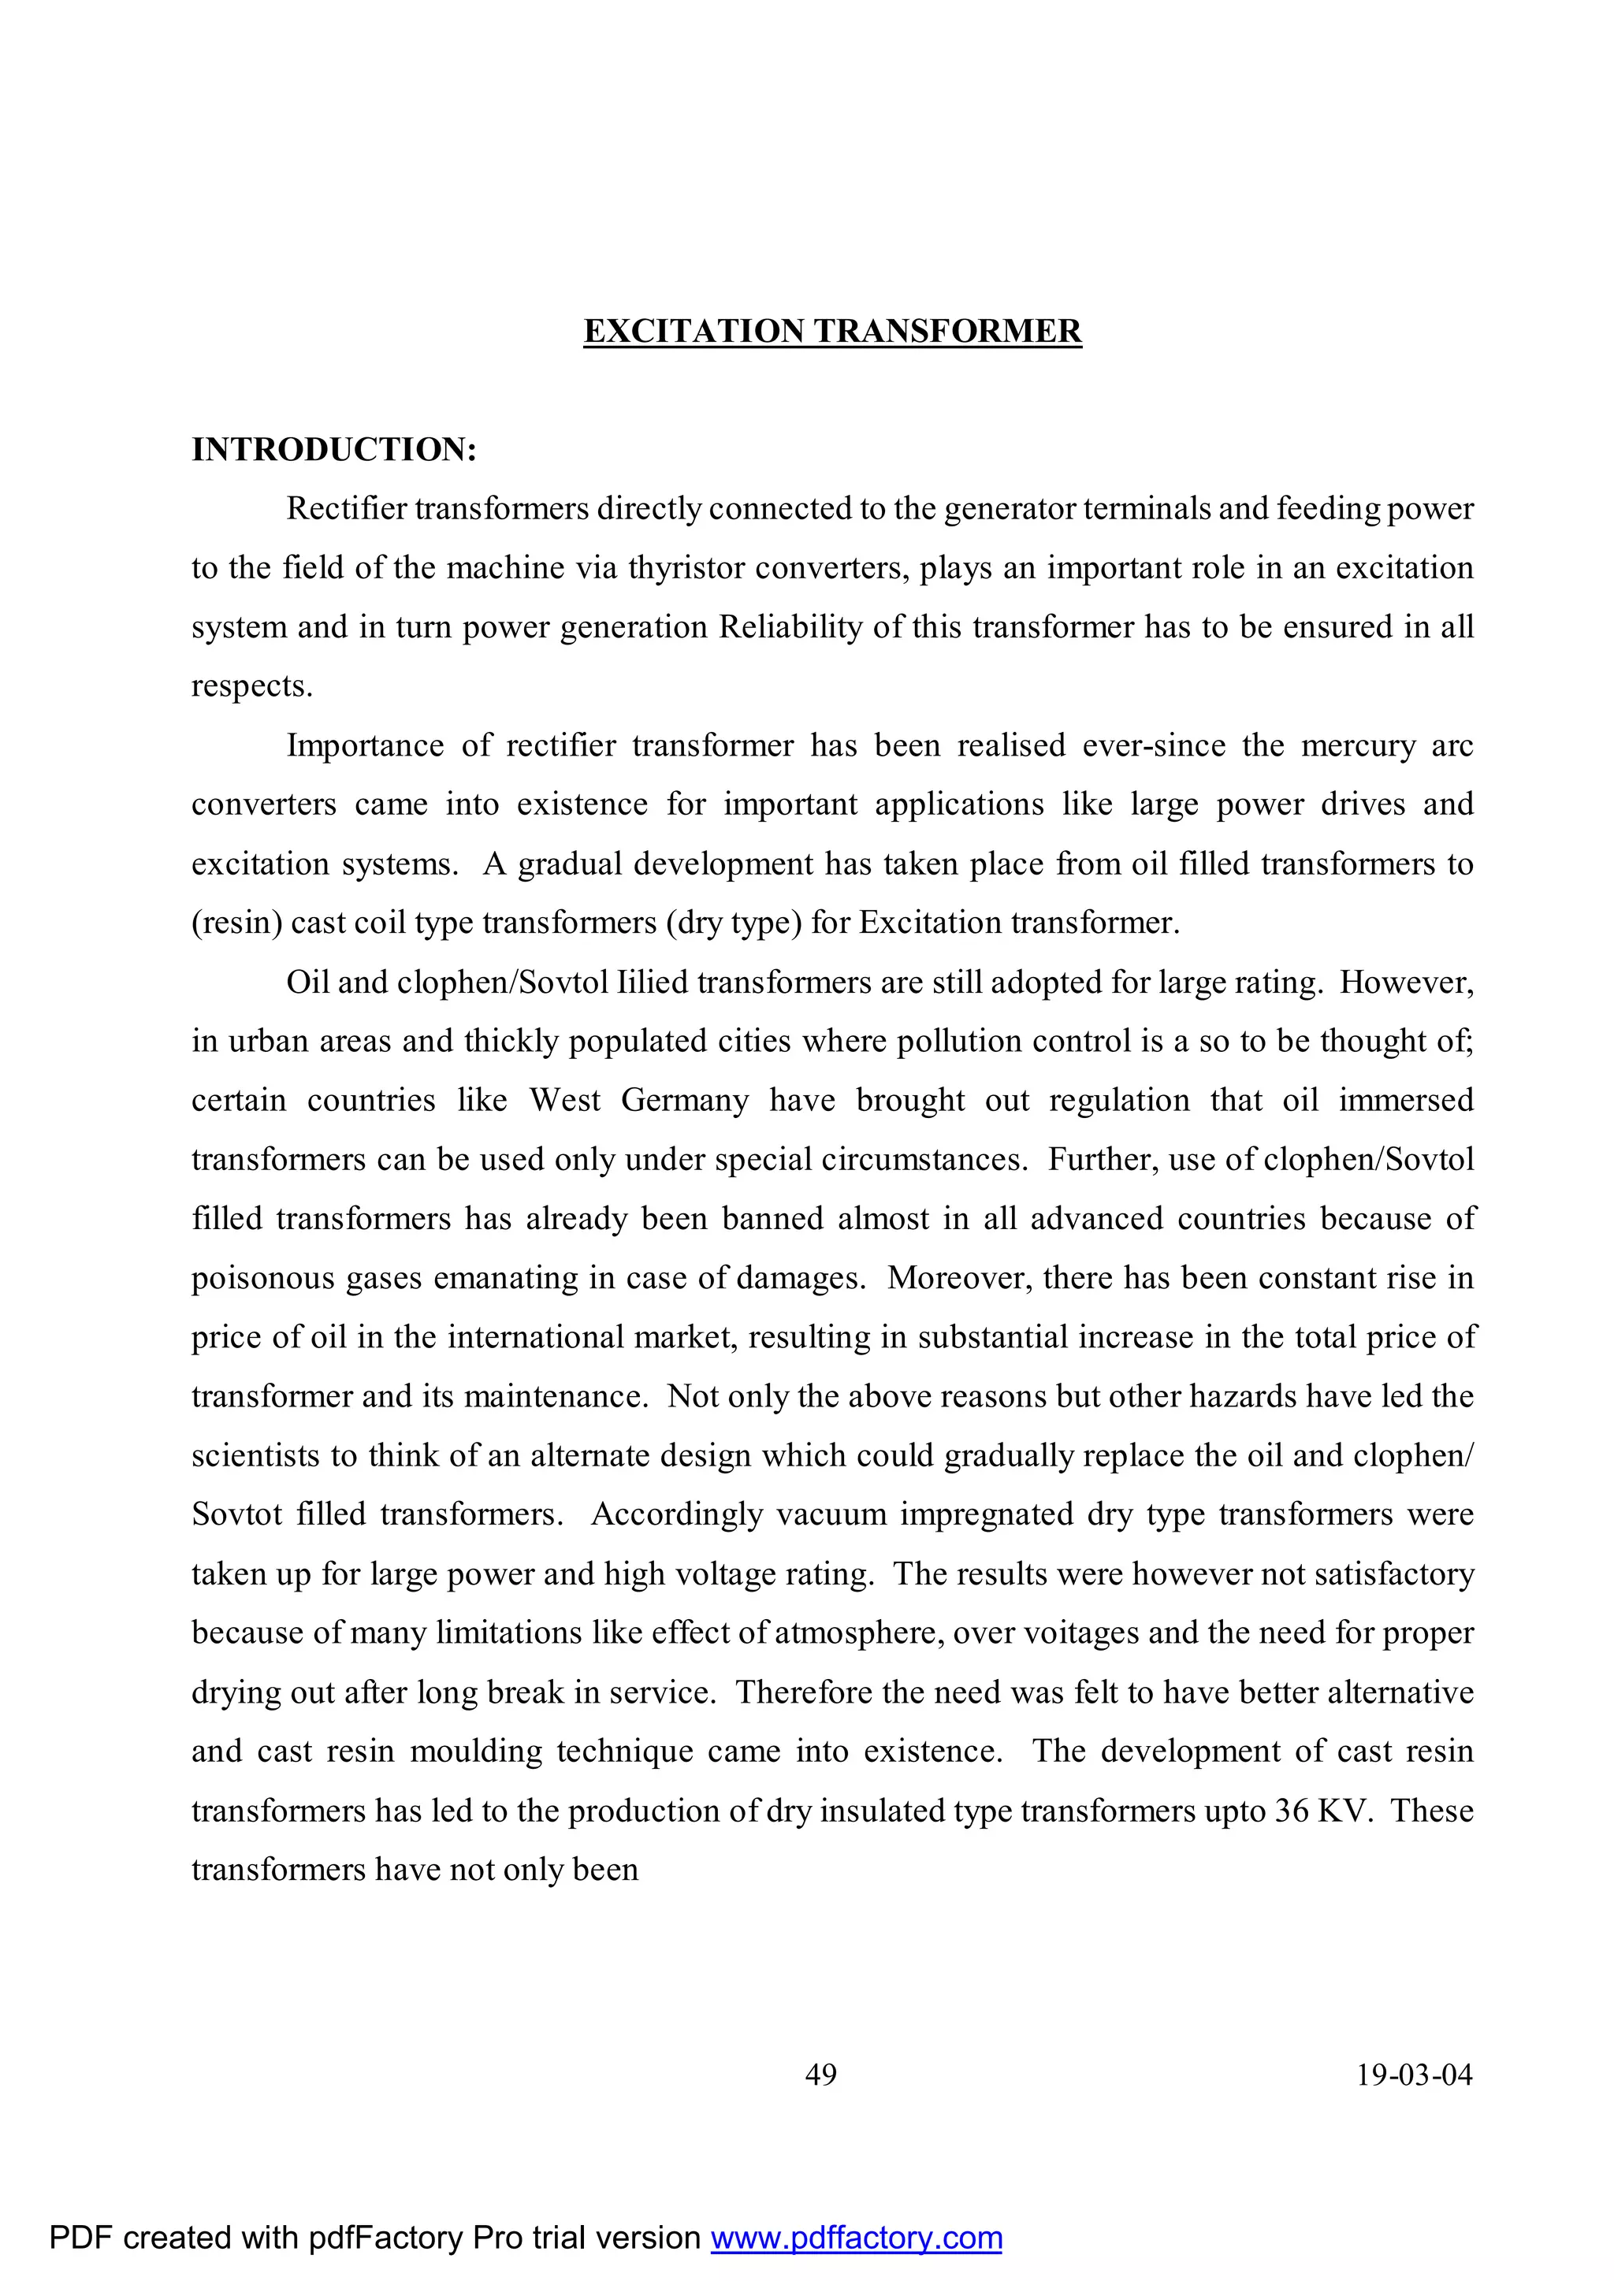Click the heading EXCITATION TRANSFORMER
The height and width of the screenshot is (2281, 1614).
pyautogui.click(x=832, y=331)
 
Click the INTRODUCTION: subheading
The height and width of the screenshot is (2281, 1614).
pyautogui.click(x=334, y=450)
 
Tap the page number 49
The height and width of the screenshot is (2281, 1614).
pyautogui.click(x=821, y=2075)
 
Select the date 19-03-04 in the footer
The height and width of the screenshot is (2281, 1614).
pyautogui.click(x=1415, y=2075)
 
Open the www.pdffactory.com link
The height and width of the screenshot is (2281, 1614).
pyautogui.click(x=856, y=2238)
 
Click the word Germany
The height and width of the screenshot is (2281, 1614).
pyautogui.click(x=685, y=1101)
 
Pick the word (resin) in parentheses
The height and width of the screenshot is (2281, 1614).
pyautogui.click(x=236, y=923)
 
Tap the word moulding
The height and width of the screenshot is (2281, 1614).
pyautogui.click(x=476, y=1752)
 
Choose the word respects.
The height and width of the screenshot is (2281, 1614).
pyautogui.click(x=251, y=686)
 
